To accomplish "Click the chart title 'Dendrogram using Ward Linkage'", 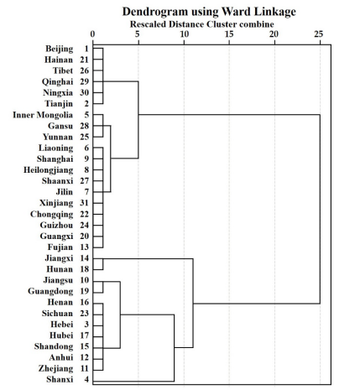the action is [209, 12].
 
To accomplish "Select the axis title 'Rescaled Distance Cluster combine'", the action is [201, 24].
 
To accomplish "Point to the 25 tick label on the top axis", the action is [319, 34].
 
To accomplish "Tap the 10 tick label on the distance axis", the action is [184, 34].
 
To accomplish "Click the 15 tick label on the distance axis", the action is [229, 34].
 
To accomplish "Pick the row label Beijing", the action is [60, 49].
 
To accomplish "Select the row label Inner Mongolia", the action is [43, 115].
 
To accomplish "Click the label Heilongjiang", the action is [49, 170].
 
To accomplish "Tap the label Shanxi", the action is [60, 379].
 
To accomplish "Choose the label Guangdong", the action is [50, 291].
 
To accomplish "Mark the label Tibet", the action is [63, 70].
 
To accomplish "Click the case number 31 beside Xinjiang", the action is [84, 203].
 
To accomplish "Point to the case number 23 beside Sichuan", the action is [84, 314].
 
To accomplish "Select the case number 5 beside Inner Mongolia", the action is [86, 115].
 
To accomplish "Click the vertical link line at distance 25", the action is [320, 209].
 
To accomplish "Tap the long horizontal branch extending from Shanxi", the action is [133, 381].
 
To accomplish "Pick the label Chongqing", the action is [52, 215].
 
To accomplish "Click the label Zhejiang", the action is [56, 369].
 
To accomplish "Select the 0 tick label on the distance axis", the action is [92, 34].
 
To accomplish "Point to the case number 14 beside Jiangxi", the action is [84, 258].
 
